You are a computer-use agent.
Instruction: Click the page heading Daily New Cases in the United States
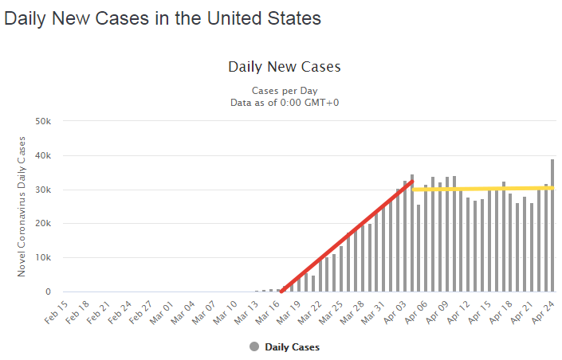coord(163,18)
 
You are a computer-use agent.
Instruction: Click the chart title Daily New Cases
coord(284,66)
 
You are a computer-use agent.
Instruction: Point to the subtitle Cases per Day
coord(284,91)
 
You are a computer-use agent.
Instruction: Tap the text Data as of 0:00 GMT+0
coord(284,102)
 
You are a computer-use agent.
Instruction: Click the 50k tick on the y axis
coord(42,121)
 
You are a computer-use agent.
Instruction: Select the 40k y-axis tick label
coord(42,155)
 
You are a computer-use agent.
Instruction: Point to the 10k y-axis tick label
coord(42,258)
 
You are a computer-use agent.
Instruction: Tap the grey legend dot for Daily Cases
coord(254,346)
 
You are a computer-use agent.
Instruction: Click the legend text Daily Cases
coord(292,347)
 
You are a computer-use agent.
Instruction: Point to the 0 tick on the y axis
coord(47,292)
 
